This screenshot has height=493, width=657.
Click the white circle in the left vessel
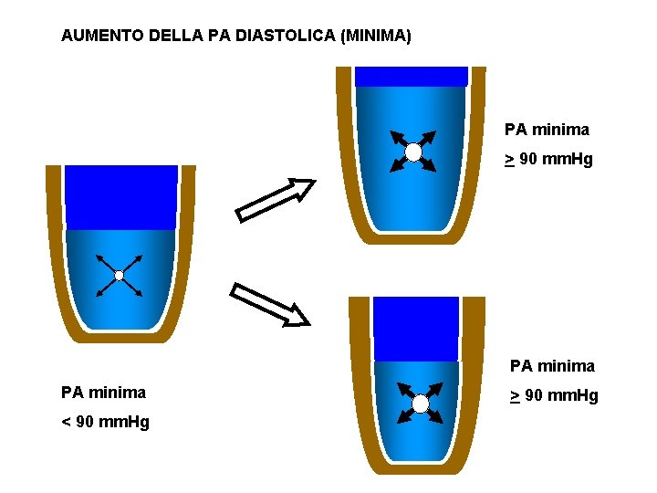[x=119, y=275]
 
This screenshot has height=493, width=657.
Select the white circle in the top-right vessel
[x=413, y=152]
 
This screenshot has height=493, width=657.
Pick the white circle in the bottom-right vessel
[x=421, y=404]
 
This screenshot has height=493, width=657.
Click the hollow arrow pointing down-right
[x=270, y=304]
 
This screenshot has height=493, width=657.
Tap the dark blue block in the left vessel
[x=121, y=196]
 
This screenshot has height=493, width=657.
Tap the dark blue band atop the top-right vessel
[x=411, y=77]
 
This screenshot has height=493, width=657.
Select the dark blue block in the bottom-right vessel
[x=416, y=329]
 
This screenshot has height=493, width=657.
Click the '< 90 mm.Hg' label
[x=105, y=422]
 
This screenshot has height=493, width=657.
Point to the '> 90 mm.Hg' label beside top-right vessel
[x=549, y=160]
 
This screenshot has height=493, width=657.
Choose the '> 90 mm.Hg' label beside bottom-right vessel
[x=554, y=395]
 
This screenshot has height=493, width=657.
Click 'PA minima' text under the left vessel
[x=103, y=393]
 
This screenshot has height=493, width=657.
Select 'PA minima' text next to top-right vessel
[x=547, y=130]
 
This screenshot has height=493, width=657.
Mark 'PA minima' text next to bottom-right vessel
[x=552, y=366]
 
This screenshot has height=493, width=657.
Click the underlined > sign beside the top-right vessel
[x=509, y=161]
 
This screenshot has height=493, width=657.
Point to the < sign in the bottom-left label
[x=66, y=422]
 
